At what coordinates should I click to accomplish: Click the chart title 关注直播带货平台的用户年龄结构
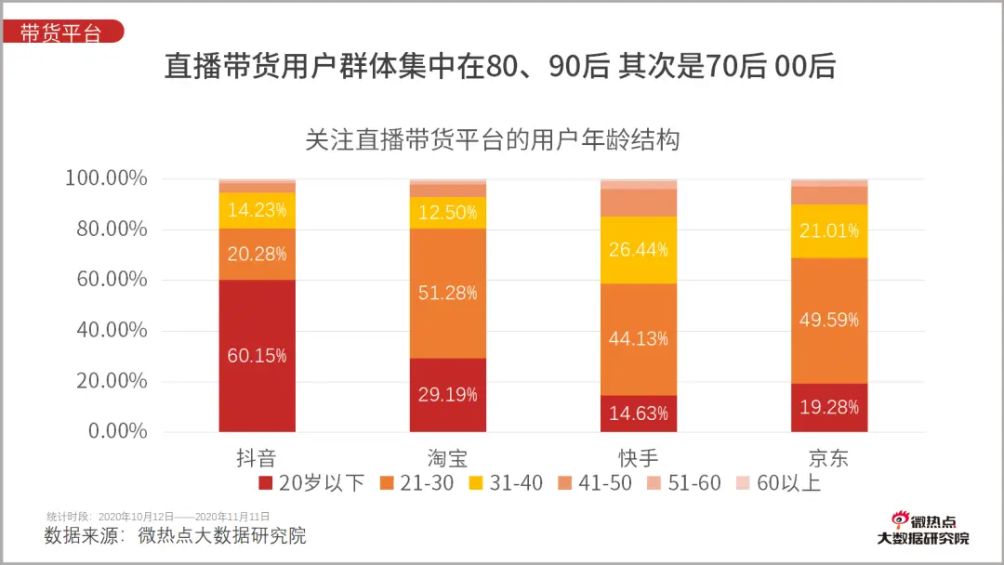tap(493, 140)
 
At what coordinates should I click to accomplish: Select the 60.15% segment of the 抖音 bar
tap(257, 356)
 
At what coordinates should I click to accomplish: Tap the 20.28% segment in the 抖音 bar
tap(257, 254)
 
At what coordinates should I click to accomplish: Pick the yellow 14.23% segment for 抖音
tap(257, 210)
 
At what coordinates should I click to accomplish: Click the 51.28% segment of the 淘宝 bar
tap(448, 293)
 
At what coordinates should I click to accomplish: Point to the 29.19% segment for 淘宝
tap(448, 395)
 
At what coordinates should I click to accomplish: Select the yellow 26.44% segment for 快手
tap(639, 250)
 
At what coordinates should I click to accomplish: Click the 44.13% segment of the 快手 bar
tap(639, 339)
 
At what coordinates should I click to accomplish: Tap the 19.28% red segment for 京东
tap(829, 407)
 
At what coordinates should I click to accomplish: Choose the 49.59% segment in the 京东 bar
tap(829, 320)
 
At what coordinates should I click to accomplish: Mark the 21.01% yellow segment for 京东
tap(829, 230)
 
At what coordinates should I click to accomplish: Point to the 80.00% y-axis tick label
tap(106, 229)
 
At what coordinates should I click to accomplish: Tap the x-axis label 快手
tap(639, 458)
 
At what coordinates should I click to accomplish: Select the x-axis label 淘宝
tap(448, 458)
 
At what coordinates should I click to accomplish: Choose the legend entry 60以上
tap(778, 483)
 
